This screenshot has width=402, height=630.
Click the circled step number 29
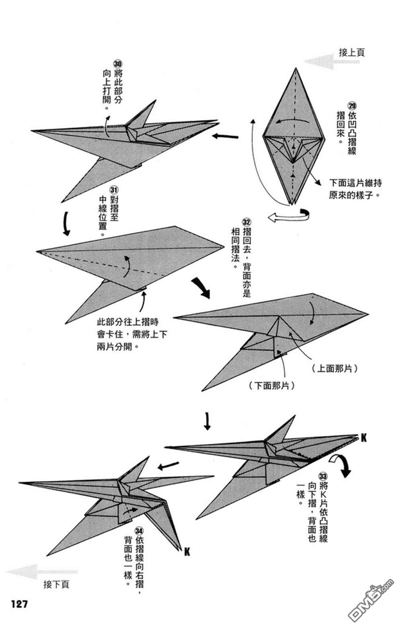tap(352, 106)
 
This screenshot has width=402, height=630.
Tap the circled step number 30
tap(117, 64)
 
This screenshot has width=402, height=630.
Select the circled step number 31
tap(113, 189)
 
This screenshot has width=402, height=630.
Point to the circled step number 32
tap(246, 222)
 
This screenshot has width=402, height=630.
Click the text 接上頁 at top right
tap(352, 52)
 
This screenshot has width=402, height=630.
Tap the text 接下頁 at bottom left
tap(56, 584)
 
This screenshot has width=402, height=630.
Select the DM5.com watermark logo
tap(370, 603)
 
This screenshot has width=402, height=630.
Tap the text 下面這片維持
tap(355, 183)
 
